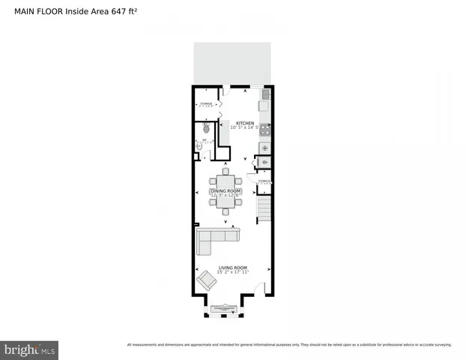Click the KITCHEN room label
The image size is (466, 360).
[245, 123]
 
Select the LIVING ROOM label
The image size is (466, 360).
[232, 268]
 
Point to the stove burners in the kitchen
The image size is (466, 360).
[264, 129]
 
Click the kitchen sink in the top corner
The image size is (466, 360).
[265, 95]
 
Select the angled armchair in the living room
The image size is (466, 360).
[207, 280]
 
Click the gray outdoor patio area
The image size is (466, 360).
[232, 63]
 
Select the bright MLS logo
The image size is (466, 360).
[30, 350]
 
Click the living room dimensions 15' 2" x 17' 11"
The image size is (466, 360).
[232, 273]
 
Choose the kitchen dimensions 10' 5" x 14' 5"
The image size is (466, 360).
[245, 128]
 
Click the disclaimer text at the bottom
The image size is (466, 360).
[289, 344]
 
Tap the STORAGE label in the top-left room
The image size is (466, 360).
[206, 104]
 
